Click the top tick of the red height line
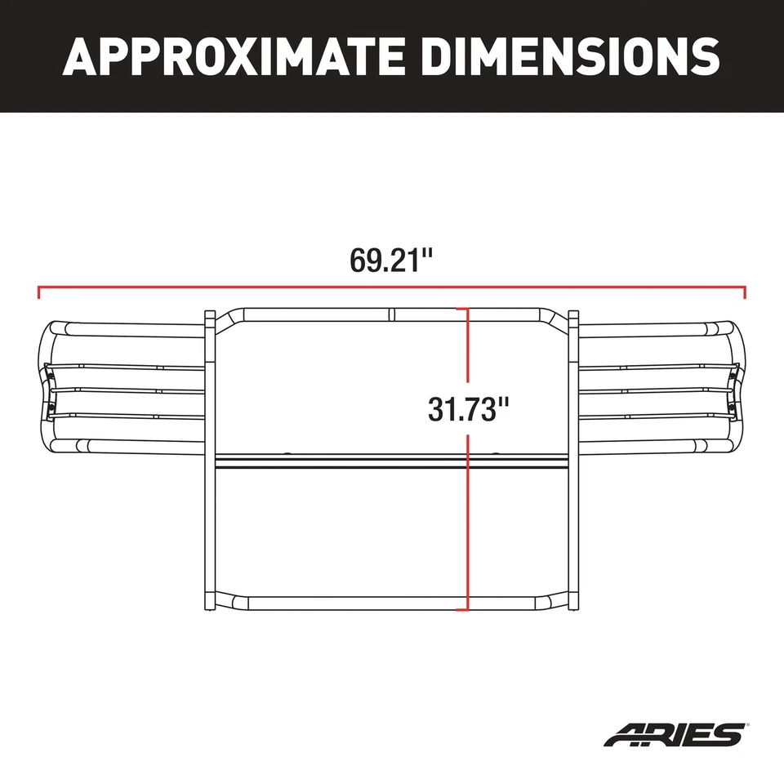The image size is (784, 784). pyautogui.click(x=467, y=309)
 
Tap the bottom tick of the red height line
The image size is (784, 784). pyautogui.click(x=467, y=609)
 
